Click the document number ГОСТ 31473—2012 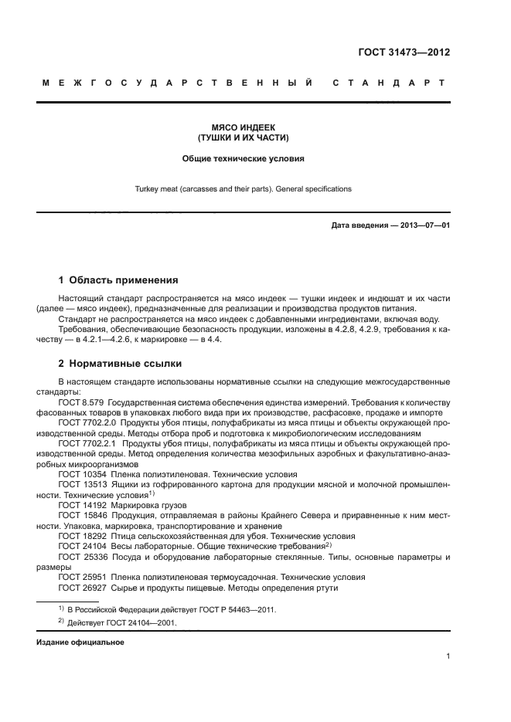(404, 53)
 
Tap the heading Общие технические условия (244, 159)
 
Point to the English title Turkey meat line (244, 188)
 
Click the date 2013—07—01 (424, 225)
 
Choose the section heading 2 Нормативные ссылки (121, 364)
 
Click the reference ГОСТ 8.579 (81, 403)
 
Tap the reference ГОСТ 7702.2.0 (87, 424)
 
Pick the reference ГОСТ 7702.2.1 (87, 444)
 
